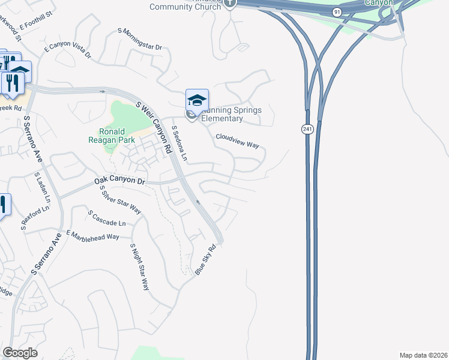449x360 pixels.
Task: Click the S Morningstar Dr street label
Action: [140, 38]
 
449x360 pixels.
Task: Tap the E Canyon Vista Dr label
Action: [67, 49]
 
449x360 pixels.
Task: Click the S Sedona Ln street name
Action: [179, 143]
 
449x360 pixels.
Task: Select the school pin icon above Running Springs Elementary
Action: [197, 100]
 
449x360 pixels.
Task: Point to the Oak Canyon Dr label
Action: [120, 181]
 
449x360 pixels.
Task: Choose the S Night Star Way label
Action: [139, 266]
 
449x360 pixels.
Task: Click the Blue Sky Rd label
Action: [205, 259]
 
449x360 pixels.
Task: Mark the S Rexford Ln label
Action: [34, 220]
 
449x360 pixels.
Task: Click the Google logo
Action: [20, 353]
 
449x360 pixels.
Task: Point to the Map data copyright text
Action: [423, 355]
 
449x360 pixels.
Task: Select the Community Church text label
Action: [185, 7]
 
